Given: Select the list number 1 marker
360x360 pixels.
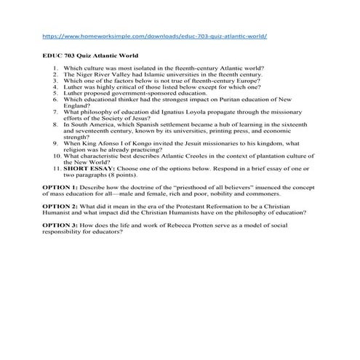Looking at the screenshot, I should tap(55, 68).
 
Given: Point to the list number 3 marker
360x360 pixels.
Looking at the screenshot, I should tap(55, 81).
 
